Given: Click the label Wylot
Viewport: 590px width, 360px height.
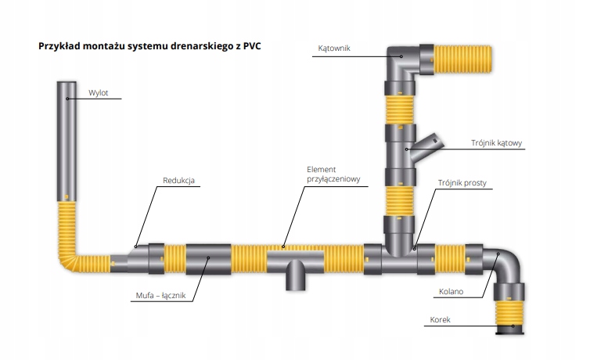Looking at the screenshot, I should point(98,94).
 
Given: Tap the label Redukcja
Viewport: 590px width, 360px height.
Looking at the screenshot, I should point(178,182).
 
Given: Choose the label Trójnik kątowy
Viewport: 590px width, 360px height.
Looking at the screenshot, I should point(496,143).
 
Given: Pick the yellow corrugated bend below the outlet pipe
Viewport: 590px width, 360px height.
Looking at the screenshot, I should point(70,250).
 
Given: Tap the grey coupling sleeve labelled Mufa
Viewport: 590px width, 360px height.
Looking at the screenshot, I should point(208,259).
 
